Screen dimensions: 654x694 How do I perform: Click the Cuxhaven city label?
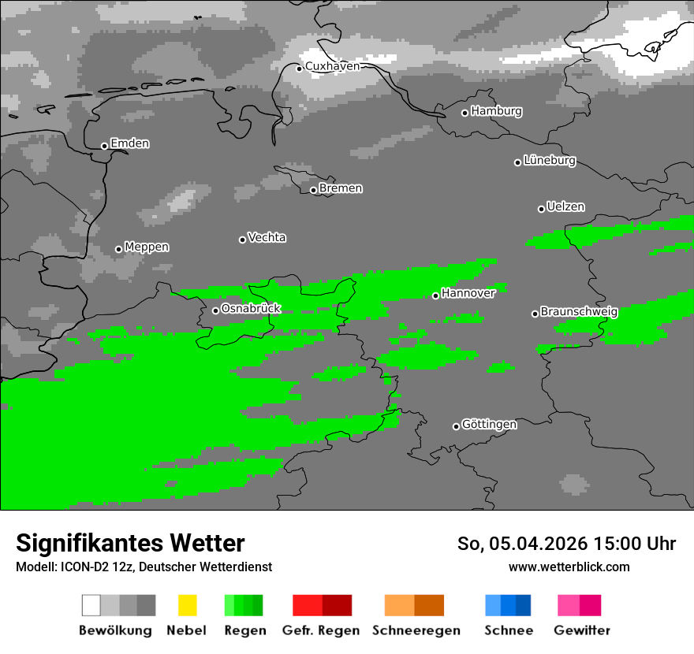332,66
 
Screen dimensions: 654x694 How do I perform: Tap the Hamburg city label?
496,111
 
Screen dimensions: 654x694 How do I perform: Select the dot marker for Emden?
104,146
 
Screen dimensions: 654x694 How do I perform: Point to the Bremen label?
341,188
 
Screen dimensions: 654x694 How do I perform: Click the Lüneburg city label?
549,160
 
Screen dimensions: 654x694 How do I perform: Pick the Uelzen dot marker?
541,209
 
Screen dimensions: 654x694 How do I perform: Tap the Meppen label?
147,247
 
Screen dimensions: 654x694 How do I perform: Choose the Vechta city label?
267,237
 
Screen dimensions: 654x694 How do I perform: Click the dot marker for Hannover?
435,295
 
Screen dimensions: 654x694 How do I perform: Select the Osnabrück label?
251,308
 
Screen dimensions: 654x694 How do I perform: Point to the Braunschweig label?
579,311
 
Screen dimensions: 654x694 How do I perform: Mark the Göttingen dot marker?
456,426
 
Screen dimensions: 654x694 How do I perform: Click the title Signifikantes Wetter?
130,543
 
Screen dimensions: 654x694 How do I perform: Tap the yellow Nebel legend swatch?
187,605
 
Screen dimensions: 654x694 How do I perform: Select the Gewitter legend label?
582,630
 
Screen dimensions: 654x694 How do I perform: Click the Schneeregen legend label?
416,630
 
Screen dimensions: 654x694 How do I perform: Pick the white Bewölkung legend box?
91,605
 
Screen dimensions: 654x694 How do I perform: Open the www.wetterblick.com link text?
569,567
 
